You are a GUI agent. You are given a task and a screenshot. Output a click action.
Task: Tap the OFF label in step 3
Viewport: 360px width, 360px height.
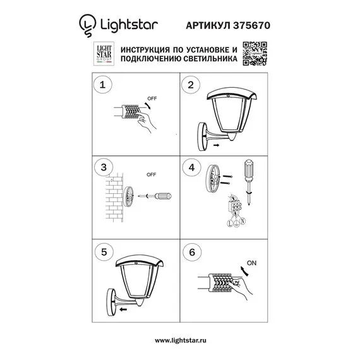(x=151, y=174)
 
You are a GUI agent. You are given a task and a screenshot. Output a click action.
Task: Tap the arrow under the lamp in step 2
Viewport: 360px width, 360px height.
(x=218, y=146)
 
